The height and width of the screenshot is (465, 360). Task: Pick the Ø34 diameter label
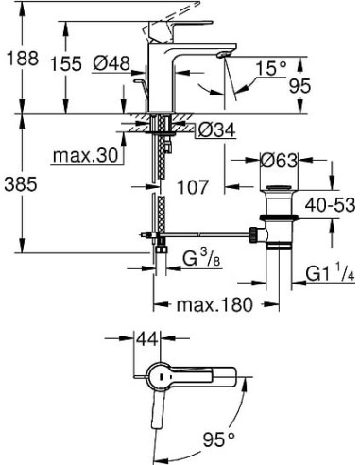coord(219,129)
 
